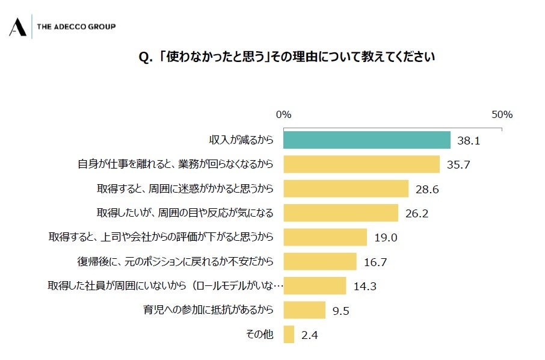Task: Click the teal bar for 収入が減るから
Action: pos(367,140)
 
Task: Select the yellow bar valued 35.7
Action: pos(362,164)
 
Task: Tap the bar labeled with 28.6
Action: pos(346,188)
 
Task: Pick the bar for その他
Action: pos(289,334)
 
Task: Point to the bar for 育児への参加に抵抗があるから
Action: pos(304,310)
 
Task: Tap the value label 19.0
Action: pos(386,237)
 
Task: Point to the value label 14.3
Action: pos(365,286)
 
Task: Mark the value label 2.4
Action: pos(310,335)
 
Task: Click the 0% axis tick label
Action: pos(283,114)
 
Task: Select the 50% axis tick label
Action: pos(501,114)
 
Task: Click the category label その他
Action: pos(260,335)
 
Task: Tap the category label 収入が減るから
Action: pos(241,140)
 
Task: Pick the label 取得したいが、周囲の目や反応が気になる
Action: pos(185,213)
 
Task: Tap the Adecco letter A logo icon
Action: pos(17,27)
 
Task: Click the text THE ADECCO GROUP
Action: pos(76,26)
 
